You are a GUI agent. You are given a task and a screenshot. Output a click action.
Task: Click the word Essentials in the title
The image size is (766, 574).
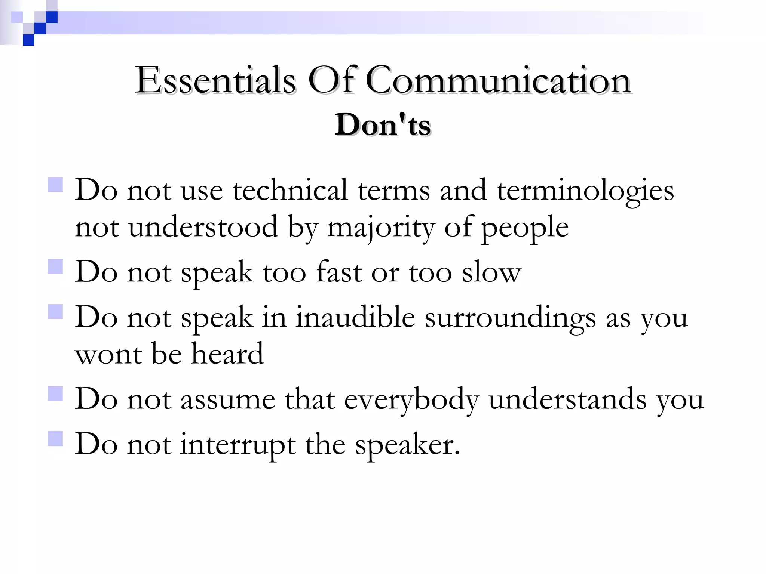point(215,80)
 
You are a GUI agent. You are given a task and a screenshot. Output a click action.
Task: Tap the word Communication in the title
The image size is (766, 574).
point(498,80)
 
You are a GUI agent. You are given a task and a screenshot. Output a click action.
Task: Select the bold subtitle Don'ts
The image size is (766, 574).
point(383,125)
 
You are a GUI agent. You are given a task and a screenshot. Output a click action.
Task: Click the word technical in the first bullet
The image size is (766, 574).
point(290,190)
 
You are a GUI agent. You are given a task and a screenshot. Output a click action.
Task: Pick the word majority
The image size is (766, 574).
point(381,228)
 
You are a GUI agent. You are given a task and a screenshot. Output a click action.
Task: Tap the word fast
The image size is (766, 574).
point(339,272)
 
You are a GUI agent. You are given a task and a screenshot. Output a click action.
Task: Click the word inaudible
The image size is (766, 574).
point(355,317)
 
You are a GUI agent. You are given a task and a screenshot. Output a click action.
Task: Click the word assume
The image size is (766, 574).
point(228,399)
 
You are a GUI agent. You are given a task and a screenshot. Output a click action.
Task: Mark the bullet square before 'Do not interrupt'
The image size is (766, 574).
point(55,439)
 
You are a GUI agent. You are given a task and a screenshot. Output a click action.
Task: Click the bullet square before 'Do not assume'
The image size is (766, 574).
point(55,394)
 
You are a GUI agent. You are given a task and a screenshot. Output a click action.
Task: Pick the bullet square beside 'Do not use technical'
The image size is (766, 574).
point(55,184)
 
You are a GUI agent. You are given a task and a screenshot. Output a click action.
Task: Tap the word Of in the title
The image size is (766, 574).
point(331,80)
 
